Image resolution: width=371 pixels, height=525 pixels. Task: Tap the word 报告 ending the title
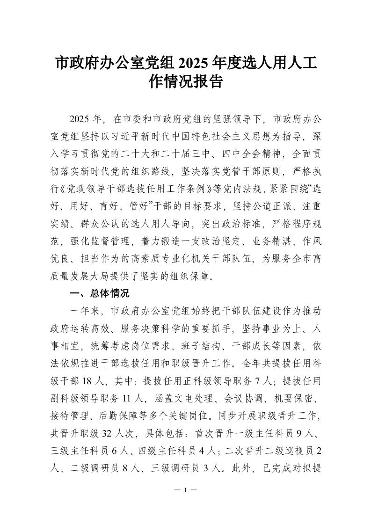pos(208,83)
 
